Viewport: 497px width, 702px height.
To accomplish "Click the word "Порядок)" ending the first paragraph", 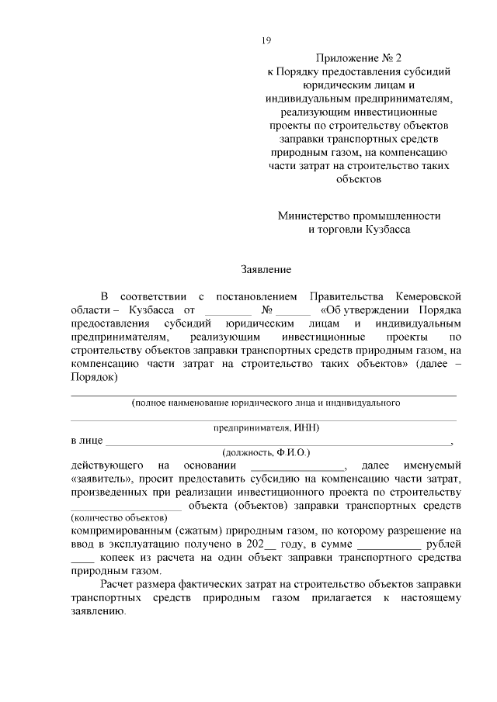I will click(94, 378).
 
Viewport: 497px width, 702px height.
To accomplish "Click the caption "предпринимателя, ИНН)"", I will click(266, 427).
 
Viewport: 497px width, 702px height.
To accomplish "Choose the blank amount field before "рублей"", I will click(380, 545).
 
